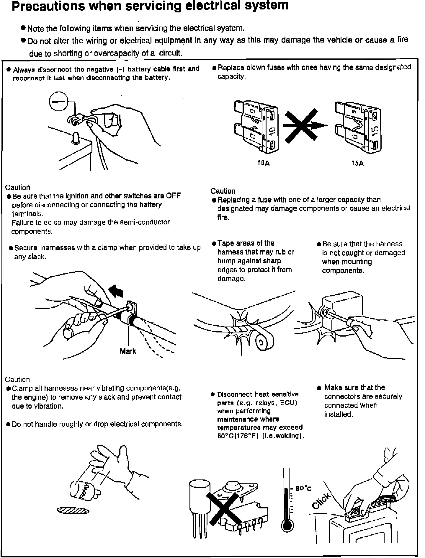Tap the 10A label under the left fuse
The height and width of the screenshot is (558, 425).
[264, 163]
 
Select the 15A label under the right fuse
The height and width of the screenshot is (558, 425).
[357, 163]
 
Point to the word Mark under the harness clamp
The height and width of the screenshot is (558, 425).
[128, 351]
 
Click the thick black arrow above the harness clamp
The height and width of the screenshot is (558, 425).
[116, 291]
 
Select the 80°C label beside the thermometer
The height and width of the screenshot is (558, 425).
[303, 489]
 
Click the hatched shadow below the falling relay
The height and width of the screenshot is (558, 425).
[73, 510]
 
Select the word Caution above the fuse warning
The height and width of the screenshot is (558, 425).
[223, 191]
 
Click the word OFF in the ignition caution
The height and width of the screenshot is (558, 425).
[173, 196]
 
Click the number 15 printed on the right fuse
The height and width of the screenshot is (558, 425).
[375, 130]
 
